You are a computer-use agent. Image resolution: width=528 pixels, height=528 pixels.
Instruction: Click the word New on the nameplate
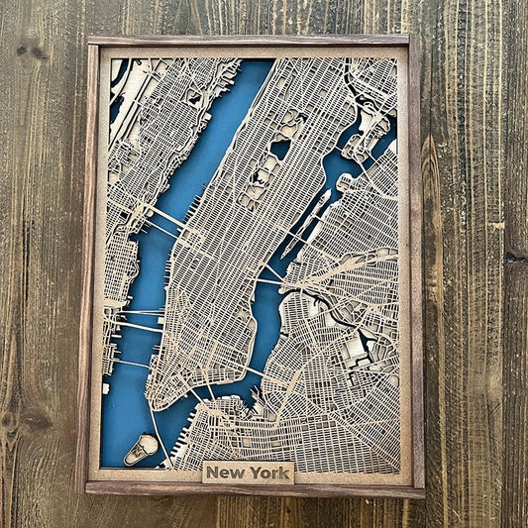(229, 474)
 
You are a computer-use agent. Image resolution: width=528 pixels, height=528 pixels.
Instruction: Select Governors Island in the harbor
(141, 449)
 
